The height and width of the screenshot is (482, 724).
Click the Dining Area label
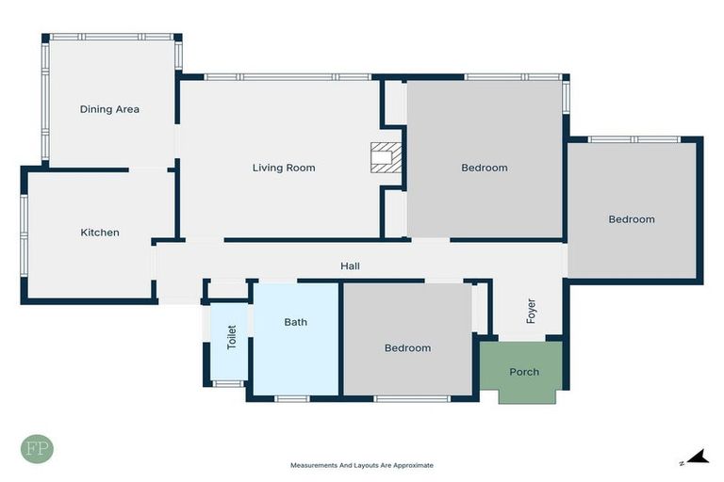pyautogui.click(x=109, y=109)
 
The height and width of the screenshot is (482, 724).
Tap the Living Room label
pyautogui.click(x=284, y=168)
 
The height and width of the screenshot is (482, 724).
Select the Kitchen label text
pyautogui.click(x=99, y=233)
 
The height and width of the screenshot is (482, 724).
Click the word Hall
pyautogui.click(x=350, y=266)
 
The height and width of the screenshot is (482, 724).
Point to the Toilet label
pyautogui.click(x=232, y=338)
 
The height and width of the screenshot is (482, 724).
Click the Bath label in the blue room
pyautogui.click(x=295, y=322)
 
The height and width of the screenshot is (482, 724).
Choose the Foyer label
pyautogui.click(x=531, y=311)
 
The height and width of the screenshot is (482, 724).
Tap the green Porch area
pyautogui.click(x=524, y=372)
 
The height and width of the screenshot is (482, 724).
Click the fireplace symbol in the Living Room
pyautogui.click(x=387, y=157)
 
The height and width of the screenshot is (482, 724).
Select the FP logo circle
pyautogui.click(x=37, y=448)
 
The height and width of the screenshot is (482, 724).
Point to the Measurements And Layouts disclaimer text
pyautogui.click(x=361, y=465)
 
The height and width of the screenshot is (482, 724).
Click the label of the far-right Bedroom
pyautogui.click(x=631, y=219)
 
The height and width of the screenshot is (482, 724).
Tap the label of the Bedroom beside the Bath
pyautogui.click(x=407, y=348)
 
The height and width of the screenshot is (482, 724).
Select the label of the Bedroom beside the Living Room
pyautogui.click(x=484, y=168)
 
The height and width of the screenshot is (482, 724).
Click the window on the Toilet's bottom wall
pyautogui.click(x=228, y=383)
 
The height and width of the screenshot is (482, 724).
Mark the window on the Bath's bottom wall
pyautogui.click(x=292, y=398)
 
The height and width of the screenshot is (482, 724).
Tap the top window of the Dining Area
pyautogui.click(x=111, y=37)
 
